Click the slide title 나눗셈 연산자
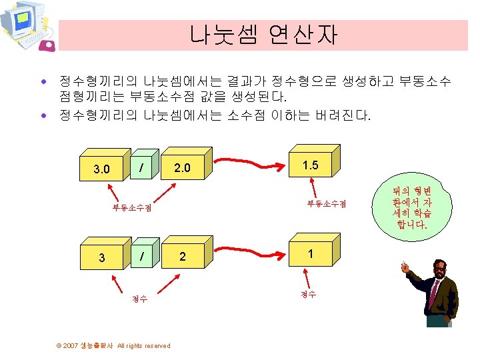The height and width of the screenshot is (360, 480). [x=263, y=33]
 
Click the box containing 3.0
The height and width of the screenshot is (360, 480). [x=102, y=169]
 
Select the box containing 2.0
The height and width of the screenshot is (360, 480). [x=182, y=167]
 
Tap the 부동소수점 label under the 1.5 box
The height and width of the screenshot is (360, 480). [x=327, y=203]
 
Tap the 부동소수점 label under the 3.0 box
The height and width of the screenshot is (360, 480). [x=131, y=207]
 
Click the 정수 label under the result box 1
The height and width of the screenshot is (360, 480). [x=308, y=294]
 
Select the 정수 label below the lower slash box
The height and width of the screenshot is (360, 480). [x=139, y=299]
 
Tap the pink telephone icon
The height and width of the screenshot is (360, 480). [x=47, y=45]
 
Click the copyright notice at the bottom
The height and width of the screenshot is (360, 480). [x=113, y=345]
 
